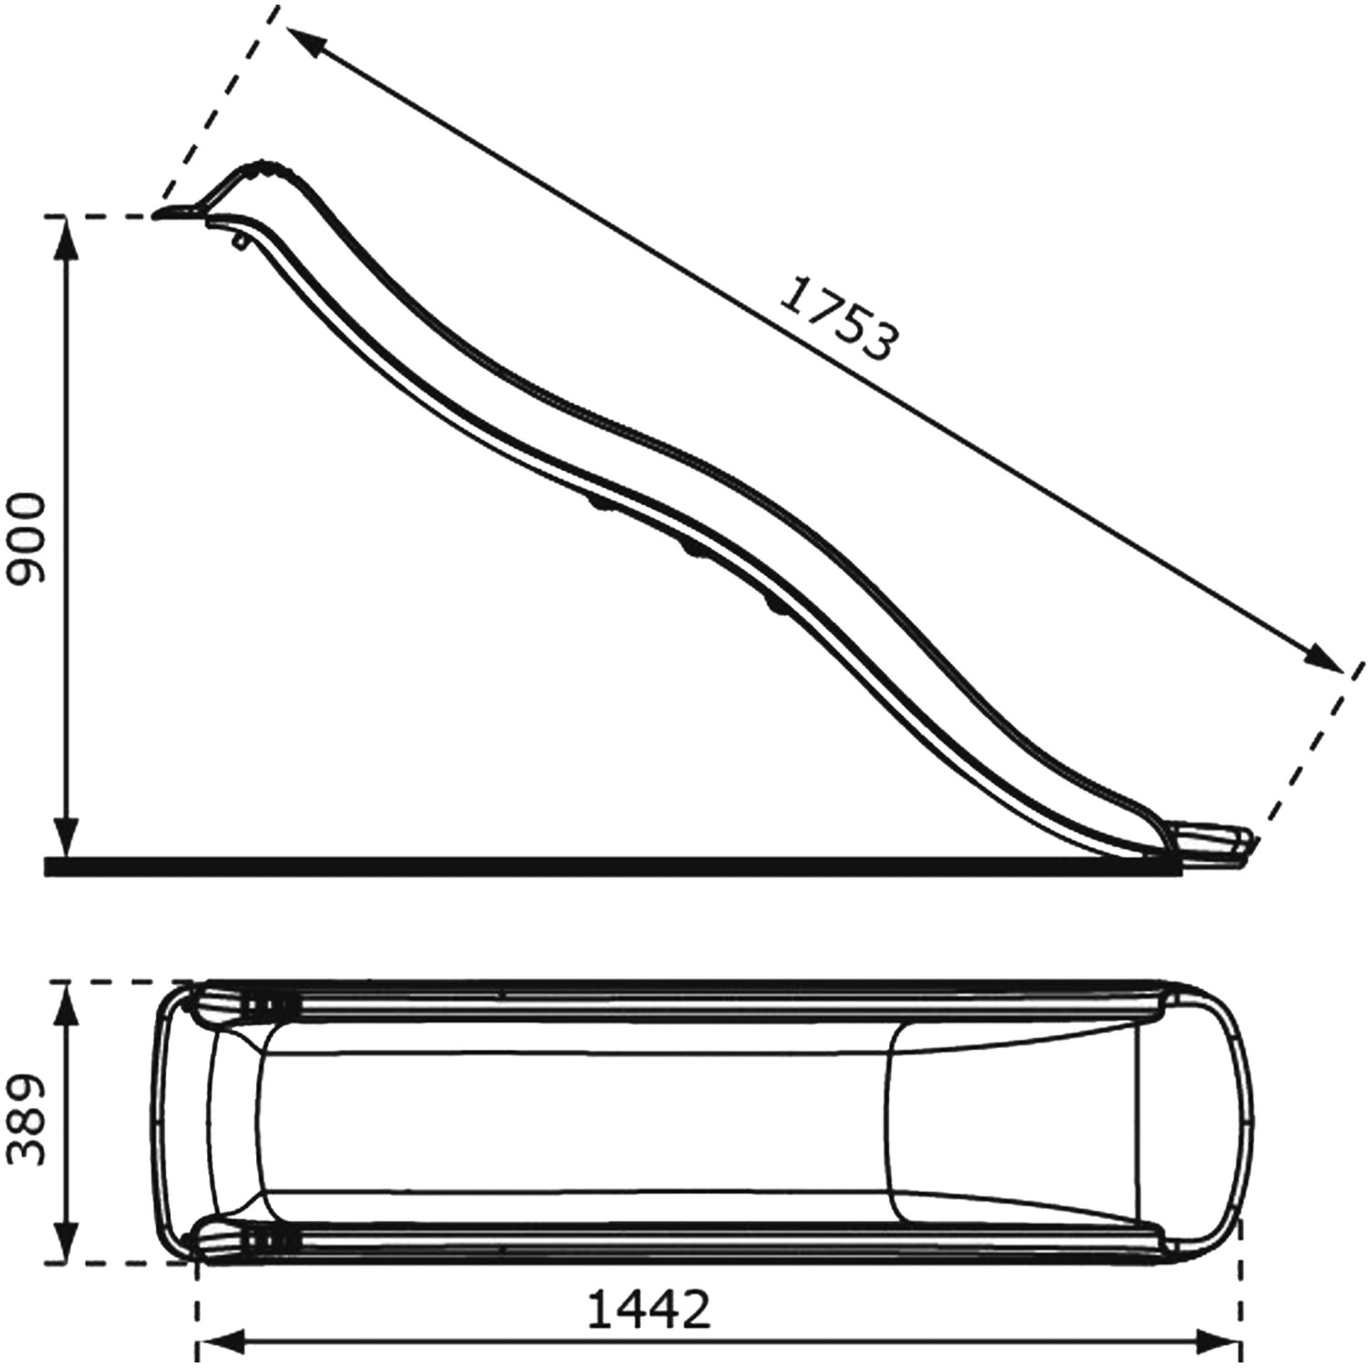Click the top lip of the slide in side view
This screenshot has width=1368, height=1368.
coord(178,212)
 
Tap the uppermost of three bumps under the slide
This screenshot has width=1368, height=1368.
coord(599,503)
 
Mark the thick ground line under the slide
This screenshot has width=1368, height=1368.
coord(611,866)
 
